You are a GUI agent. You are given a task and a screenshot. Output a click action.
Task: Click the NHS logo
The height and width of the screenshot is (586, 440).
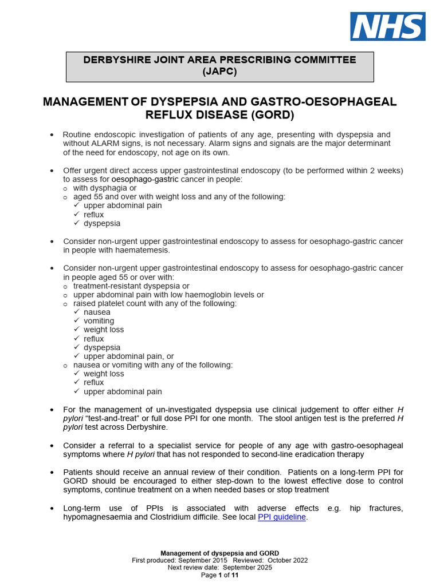pyautogui.click(x=388, y=26)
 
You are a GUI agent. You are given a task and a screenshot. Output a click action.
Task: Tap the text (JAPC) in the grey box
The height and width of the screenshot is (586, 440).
pyautogui.click(x=219, y=72)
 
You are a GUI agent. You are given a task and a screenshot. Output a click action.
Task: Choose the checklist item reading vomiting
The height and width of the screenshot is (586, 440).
pyautogui.click(x=99, y=321)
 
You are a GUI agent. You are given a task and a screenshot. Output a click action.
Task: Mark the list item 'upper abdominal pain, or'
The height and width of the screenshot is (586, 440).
pyautogui.click(x=128, y=356)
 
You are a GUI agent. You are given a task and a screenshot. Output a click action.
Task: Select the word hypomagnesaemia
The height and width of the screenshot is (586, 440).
pyautogui.click(x=96, y=517)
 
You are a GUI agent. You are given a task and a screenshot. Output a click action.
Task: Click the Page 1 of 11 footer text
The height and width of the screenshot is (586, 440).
pyautogui.click(x=219, y=575)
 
